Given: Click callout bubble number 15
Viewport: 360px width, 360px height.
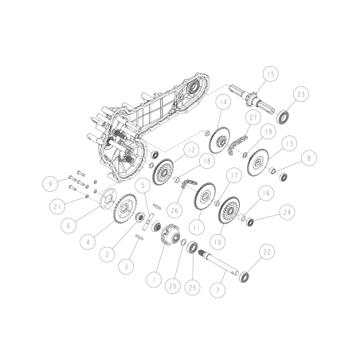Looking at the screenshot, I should [x=272, y=74].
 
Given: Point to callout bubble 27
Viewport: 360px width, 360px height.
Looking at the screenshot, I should [x=253, y=118].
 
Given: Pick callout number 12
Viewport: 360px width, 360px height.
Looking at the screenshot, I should [x=192, y=149].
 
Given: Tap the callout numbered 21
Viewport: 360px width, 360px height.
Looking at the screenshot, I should [x=56, y=207].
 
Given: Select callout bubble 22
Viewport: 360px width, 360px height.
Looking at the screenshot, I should [x=267, y=252].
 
